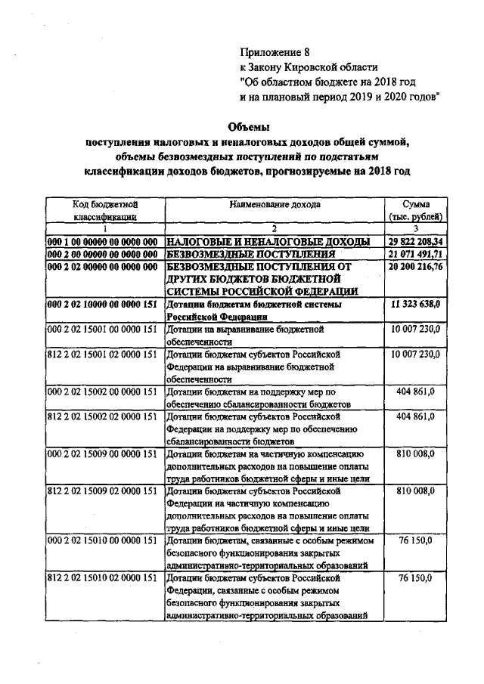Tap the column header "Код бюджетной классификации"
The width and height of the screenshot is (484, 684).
104,210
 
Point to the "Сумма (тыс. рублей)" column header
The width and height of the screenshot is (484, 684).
415,210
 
